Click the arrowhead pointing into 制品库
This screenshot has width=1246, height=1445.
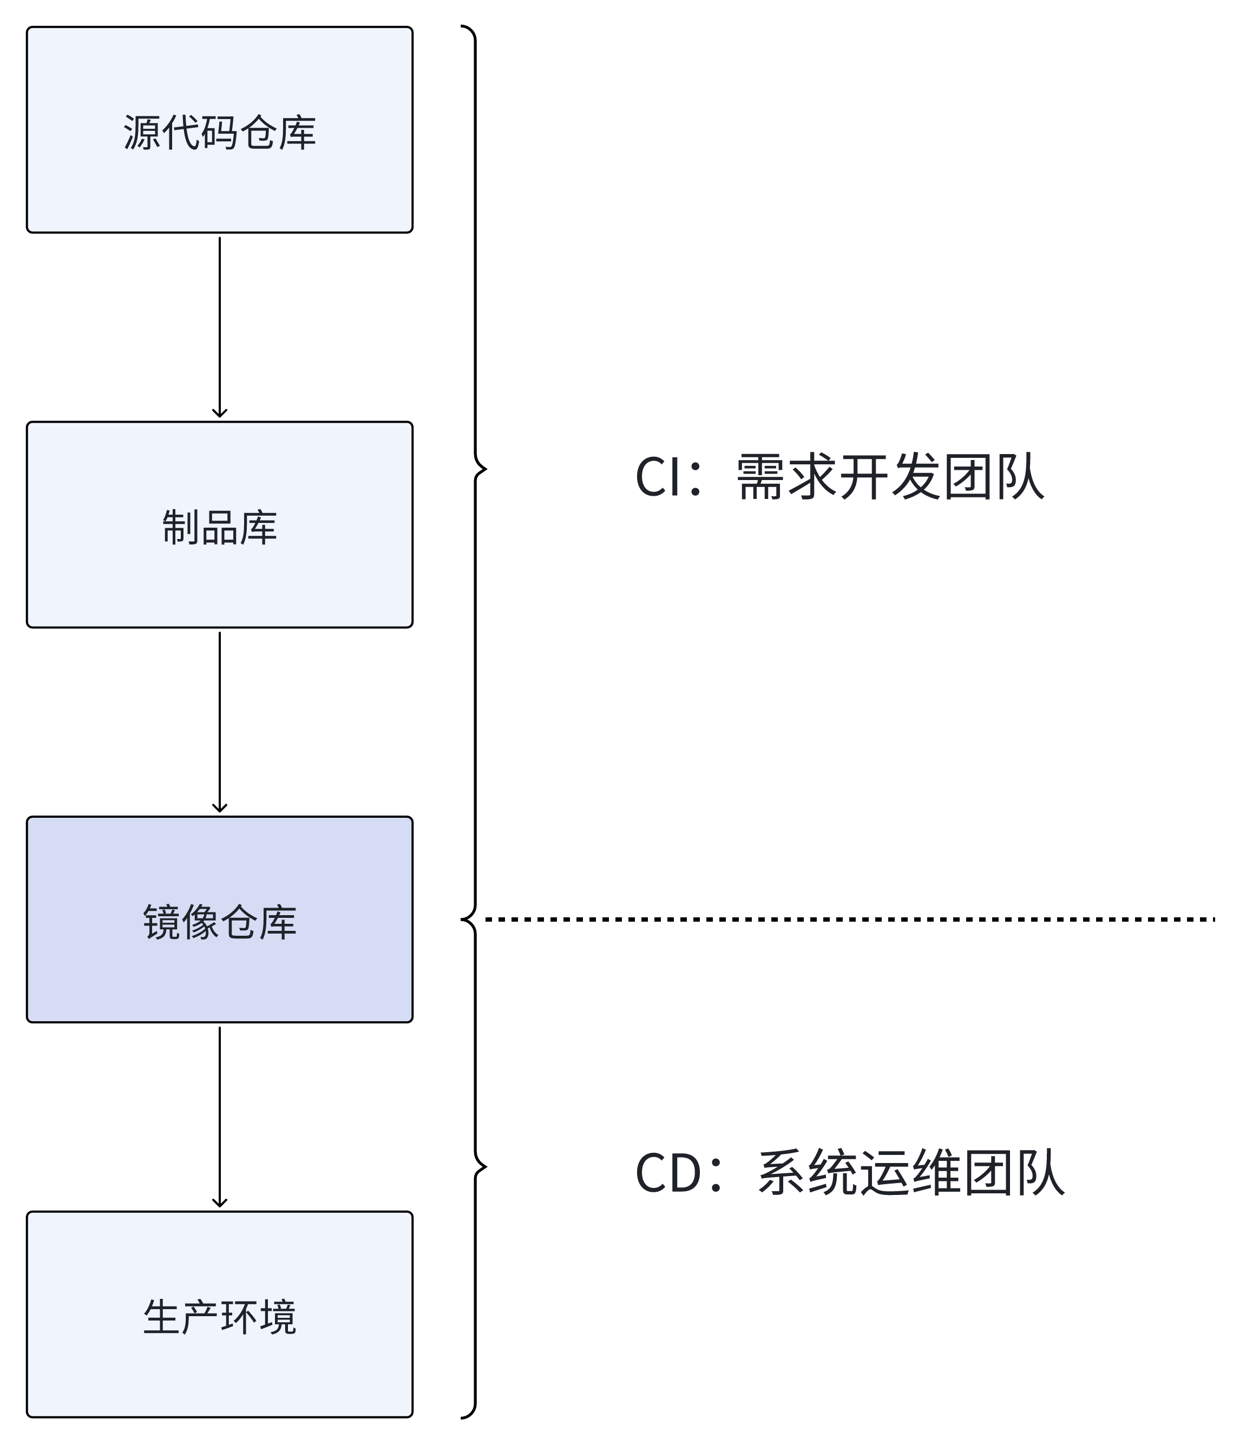219,413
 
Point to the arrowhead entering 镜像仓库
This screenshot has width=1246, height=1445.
219,808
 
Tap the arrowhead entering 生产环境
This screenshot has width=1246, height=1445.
219,1203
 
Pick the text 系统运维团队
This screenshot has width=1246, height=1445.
910,1173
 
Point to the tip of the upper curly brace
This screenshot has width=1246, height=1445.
485,469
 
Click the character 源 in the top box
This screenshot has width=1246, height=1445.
142,133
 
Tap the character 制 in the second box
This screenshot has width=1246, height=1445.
181,527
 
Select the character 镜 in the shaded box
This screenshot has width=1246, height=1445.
162,922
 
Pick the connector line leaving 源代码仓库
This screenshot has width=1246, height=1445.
219,321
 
